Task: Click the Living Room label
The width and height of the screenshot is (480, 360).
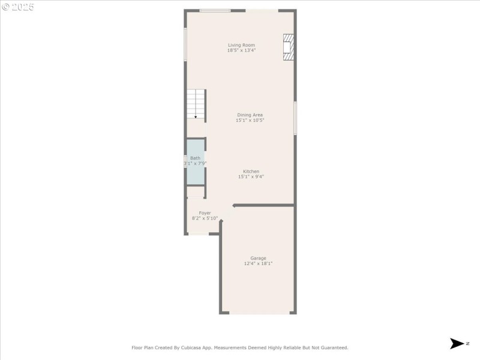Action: [241, 45]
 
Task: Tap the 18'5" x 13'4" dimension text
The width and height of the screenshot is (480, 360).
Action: [241, 50]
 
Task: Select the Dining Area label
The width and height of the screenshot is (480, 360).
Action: [250, 115]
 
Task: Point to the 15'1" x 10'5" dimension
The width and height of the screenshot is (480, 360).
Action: [250, 120]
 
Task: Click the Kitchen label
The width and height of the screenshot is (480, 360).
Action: [251, 171]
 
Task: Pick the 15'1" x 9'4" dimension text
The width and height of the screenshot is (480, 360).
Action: [251, 176]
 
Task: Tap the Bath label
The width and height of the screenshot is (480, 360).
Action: [195, 158]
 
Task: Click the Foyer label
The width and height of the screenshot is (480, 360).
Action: [205, 212]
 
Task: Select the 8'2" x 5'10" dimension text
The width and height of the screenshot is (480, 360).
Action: [205, 218]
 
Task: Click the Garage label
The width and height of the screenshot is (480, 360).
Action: [258, 258]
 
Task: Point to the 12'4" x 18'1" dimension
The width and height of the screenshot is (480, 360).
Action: [258, 263]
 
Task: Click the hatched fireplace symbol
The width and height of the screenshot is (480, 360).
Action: [289, 47]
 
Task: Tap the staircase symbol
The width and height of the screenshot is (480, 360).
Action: [196, 104]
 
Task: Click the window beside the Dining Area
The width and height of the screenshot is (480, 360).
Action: [295, 118]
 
